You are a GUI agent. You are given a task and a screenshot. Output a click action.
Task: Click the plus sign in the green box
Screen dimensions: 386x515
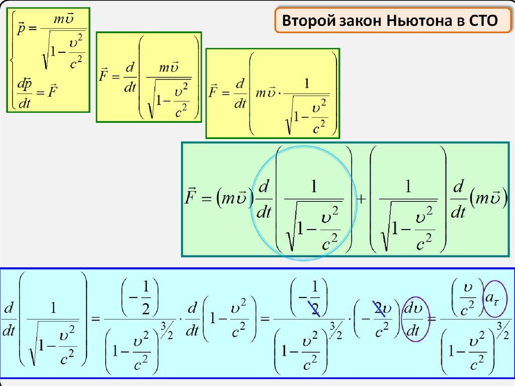(x=361, y=199)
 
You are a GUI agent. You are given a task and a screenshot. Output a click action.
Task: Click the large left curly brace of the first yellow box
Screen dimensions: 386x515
(x=11, y=59)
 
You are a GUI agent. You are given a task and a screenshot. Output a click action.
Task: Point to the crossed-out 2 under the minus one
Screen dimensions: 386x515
(x=314, y=308)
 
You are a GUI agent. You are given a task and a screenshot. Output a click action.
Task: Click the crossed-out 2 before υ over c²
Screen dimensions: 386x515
(x=378, y=307)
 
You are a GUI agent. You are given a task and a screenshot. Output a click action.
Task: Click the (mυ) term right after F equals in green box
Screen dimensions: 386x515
(x=232, y=197)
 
